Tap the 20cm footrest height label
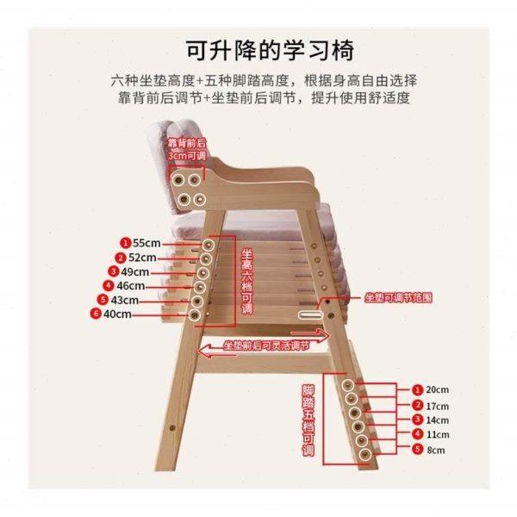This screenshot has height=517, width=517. click(x=438, y=389)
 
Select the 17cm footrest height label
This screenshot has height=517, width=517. click(x=438, y=405)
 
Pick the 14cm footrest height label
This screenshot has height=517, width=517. click(x=438, y=420)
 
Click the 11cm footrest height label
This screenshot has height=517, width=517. click(x=438, y=434)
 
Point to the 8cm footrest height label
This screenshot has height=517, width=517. click(x=438, y=450)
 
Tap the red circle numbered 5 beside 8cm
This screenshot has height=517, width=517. click(x=417, y=450)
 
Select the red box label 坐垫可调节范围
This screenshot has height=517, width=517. click(x=396, y=297)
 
